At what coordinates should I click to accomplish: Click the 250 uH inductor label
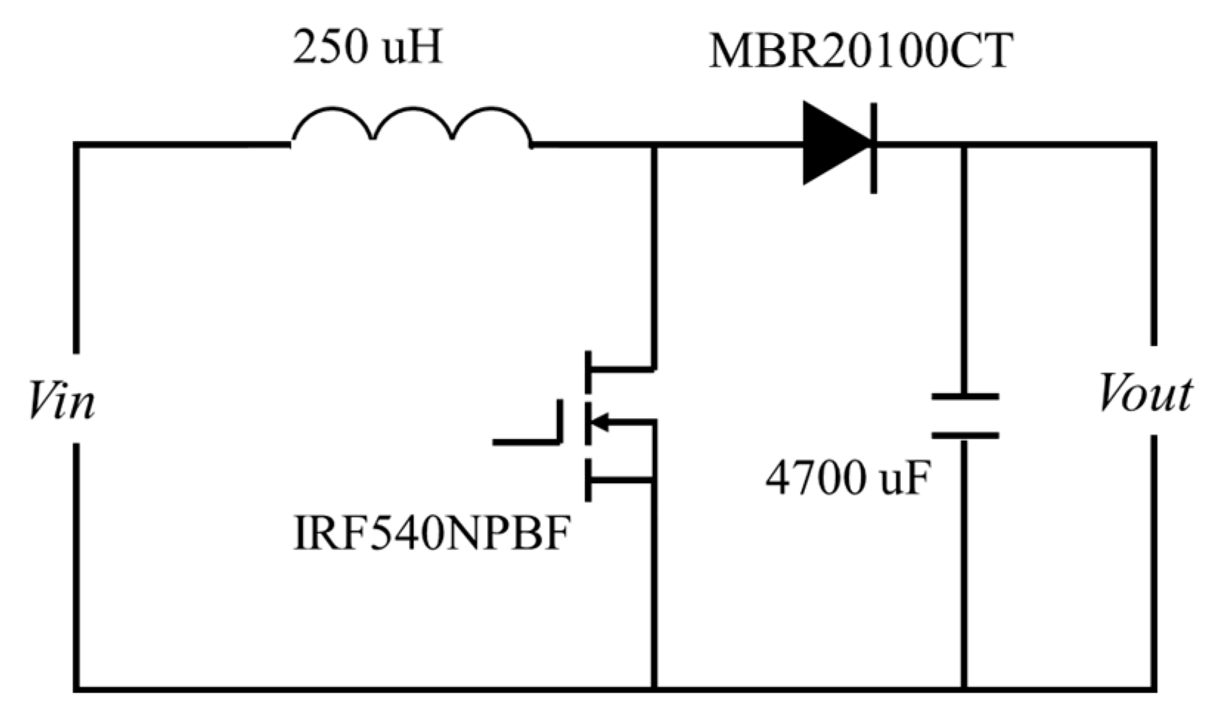point(367,49)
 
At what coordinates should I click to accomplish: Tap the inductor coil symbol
point(412,127)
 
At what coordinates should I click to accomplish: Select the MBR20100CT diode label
point(860,52)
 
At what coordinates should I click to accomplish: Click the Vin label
point(62,402)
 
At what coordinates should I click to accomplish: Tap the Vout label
point(1144,394)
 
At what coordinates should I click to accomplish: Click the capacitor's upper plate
point(965,397)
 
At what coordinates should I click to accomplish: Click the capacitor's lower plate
point(965,436)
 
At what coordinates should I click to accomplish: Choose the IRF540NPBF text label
point(432,535)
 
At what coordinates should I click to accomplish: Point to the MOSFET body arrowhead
point(599,423)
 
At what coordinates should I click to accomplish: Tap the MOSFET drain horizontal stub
point(621,367)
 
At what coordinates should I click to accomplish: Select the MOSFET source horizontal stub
point(621,482)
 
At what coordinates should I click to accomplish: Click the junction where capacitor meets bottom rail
point(965,689)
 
